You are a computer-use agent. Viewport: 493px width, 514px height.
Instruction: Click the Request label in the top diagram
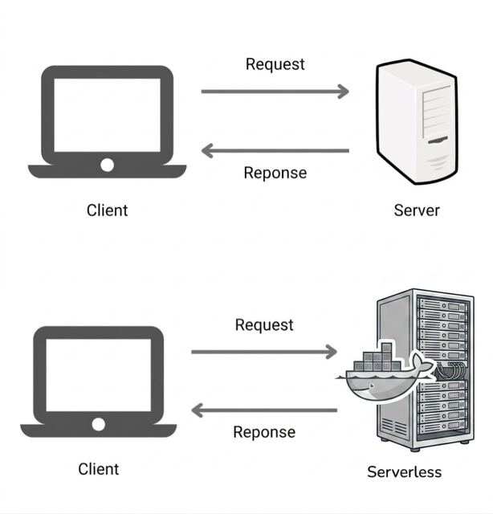point(275,64)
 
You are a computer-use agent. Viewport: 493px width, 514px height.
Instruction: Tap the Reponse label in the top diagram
point(275,173)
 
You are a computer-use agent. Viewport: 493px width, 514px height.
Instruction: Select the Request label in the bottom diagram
point(264,325)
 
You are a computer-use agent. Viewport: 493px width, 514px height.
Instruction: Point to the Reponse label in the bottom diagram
point(264,432)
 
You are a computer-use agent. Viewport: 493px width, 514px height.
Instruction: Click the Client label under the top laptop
point(107,210)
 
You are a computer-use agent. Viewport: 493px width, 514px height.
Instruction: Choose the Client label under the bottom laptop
point(99,469)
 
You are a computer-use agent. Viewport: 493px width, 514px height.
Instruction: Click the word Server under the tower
point(417,210)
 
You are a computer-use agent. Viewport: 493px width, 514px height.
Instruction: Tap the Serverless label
point(404,472)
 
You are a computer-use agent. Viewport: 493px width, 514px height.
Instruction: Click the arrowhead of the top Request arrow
point(344,92)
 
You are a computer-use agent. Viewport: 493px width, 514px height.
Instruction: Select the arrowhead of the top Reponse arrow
point(207,151)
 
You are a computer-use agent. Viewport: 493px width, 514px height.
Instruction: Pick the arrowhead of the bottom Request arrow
point(332,352)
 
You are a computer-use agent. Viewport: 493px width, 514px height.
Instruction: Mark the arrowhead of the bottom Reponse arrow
point(197,410)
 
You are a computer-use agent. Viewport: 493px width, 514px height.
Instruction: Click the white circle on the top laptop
point(107,165)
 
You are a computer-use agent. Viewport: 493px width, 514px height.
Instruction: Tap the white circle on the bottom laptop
point(98,424)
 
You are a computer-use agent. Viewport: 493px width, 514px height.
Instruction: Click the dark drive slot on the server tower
point(438,141)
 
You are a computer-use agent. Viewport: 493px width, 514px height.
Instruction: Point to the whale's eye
point(372,385)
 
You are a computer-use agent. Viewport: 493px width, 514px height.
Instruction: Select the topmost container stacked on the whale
point(386,348)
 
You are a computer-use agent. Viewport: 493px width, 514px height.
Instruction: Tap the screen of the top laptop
point(107,115)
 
